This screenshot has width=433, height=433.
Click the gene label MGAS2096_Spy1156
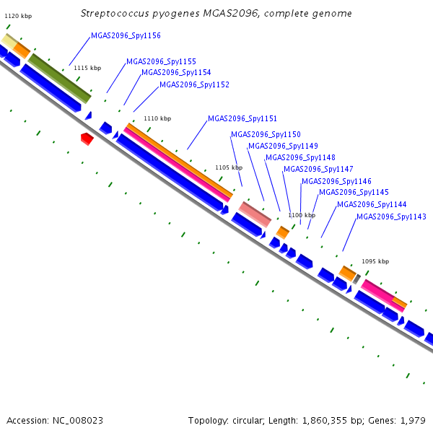tap(126, 35)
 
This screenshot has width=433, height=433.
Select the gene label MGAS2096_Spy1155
tap(161, 61)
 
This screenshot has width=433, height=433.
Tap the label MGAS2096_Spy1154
tap(176, 73)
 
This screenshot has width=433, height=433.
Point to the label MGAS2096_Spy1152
tap(194, 84)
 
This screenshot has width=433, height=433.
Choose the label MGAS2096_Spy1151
tap(242, 119)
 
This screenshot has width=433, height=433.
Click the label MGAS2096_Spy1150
tap(266, 134)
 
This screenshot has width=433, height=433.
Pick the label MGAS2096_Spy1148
tap(300, 157)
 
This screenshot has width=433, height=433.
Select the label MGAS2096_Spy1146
tap(336, 181)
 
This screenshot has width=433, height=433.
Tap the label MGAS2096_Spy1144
tap(372, 205)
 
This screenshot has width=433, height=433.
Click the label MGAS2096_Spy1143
tap(392, 216)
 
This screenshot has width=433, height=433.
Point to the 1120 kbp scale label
tap(18, 16)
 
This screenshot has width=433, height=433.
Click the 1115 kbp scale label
tap(87, 68)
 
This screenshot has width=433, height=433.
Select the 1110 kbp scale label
tap(157, 118)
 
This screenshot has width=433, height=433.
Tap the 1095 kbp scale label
tap(375, 261)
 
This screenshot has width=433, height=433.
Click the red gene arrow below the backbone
tap(87, 139)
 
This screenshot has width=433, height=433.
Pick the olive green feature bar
tap(60, 79)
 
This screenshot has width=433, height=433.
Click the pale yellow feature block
tap(9, 41)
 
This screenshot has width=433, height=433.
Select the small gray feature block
tap(357, 279)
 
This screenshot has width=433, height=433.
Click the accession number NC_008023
tap(78, 421)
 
